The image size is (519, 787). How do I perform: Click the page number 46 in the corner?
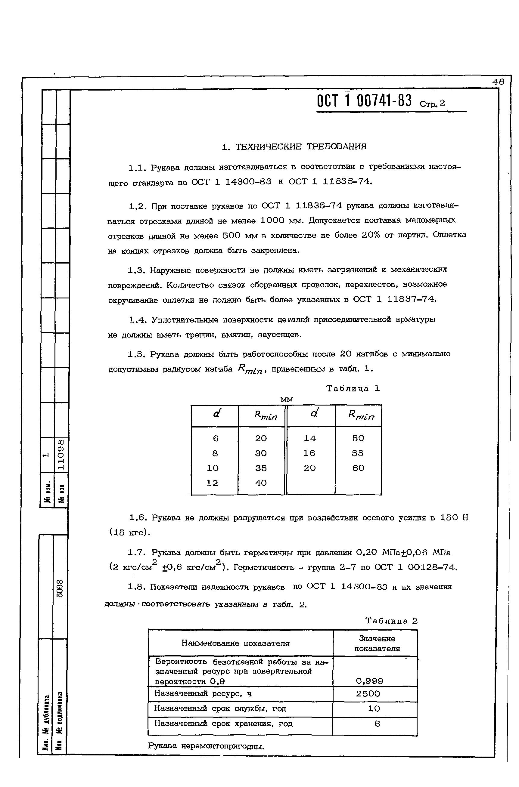click(x=498, y=82)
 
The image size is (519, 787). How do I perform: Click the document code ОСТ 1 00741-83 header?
click(x=364, y=101)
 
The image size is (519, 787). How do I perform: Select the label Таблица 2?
click(x=392, y=621)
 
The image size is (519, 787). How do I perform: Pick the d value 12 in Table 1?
click(x=212, y=483)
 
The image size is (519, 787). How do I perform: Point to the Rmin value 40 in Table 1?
click(x=261, y=483)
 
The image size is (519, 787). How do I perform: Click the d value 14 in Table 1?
click(x=310, y=438)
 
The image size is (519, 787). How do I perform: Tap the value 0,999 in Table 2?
click(x=369, y=681)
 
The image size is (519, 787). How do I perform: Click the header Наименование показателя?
click(x=235, y=643)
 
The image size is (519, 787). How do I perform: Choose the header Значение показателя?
click(x=377, y=643)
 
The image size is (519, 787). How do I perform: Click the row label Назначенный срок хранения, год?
click(x=223, y=724)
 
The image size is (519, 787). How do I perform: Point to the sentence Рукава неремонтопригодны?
click(x=206, y=746)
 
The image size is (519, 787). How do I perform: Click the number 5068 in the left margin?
click(x=60, y=589)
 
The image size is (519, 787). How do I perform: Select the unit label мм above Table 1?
click(x=286, y=400)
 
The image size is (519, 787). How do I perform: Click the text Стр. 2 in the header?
click(x=432, y=104)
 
